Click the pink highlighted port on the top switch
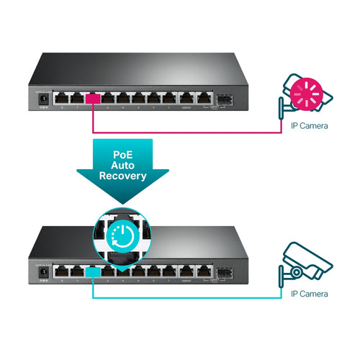coord(93,99)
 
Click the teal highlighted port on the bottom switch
coord(93,271)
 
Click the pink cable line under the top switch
coord(187,132)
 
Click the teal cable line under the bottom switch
coord(187,297)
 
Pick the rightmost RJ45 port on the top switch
coord(204,99)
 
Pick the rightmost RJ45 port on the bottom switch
coord(204,271)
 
